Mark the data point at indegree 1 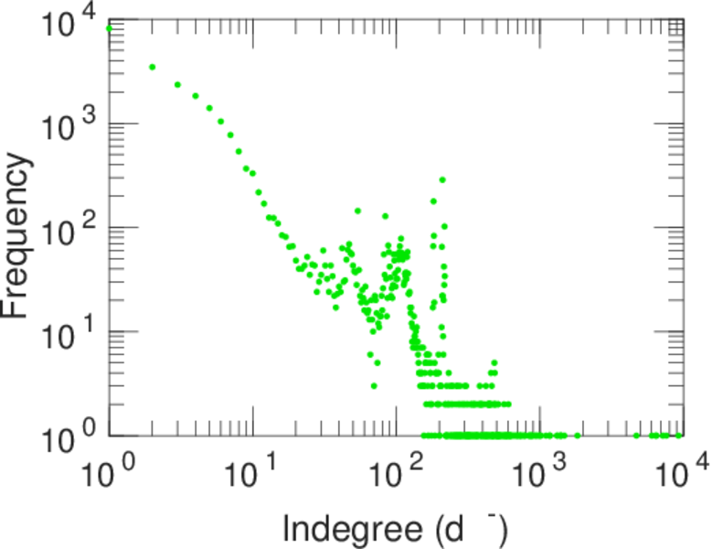[110, 28]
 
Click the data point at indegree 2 [152, 67]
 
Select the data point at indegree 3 [177, 84]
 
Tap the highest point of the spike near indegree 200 [442, 179]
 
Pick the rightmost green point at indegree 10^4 [680, 436]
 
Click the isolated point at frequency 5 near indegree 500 [494, 362]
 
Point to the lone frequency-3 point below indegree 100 [374, 385]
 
